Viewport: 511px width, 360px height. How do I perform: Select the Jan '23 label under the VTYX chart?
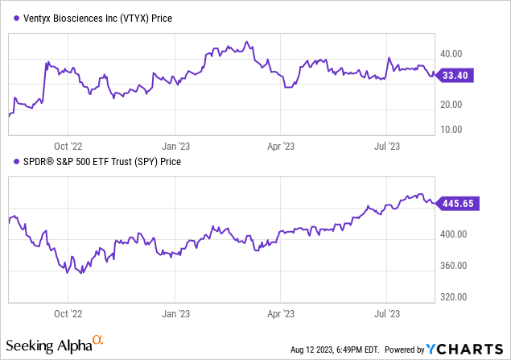click(176, 147)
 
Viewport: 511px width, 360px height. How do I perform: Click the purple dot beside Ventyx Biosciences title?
click(12, 18)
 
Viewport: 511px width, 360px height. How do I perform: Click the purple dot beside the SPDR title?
click(12, 161)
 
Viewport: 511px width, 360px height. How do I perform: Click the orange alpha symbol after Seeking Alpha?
click(98, 342)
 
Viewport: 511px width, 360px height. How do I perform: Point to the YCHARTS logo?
click(464, 350)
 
